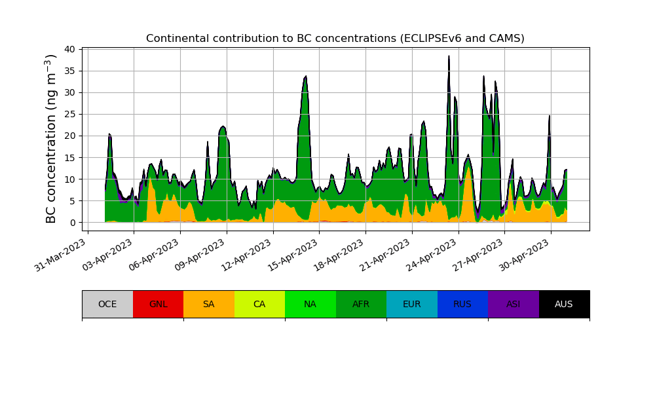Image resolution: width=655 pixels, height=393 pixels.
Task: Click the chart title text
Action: tap(335, 39)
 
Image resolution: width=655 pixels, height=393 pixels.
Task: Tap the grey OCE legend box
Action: tap(107, 304)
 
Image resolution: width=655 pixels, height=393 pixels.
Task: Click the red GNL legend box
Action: tap(158, 304)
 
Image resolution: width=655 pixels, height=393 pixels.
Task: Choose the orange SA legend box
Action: tap(209, 304)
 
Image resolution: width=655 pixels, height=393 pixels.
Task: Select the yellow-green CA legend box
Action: tap(259, 304)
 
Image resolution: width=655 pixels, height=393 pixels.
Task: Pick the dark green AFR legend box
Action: tap(361, 304)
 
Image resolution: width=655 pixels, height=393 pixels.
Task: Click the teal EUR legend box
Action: tap(412, 304)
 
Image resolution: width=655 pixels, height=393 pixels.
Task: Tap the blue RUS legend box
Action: tap(462, 304)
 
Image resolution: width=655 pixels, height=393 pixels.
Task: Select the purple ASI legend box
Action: tap(514, 304)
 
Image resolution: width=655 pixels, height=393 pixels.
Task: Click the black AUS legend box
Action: tap(564, 304)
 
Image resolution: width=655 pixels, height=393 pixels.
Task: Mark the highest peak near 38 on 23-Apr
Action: tap(449, 56)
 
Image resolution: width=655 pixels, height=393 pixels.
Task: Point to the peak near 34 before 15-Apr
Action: tap(305, 77)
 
